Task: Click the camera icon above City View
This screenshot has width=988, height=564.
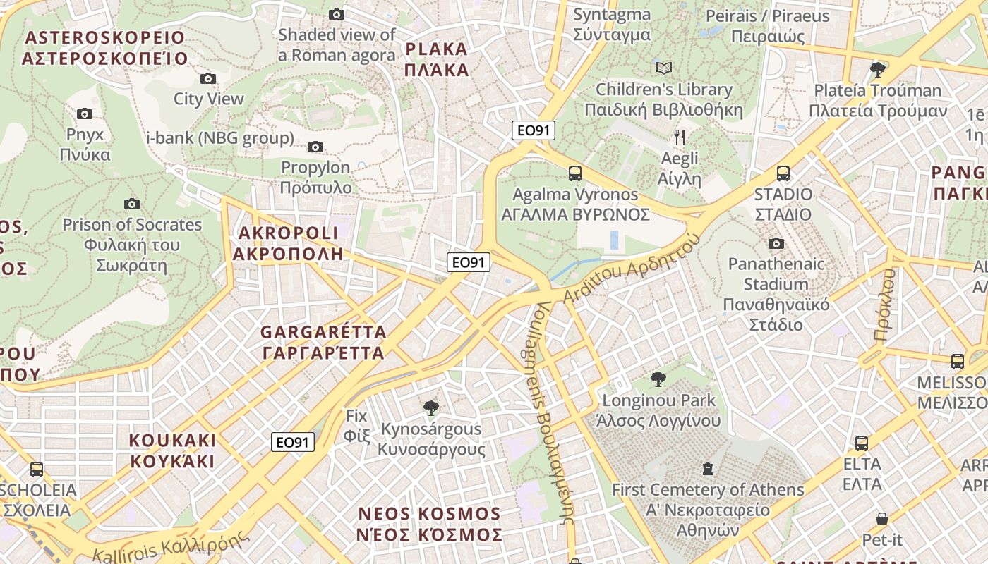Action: [208, 78]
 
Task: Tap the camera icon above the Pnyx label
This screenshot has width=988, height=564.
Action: [85, 114]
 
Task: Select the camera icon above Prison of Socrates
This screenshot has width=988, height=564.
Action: [131, 204]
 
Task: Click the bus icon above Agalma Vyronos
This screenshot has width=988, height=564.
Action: [575, 173]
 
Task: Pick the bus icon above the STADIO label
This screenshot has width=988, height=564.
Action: [783, 173]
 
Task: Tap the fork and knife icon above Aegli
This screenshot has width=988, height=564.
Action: [680, 137]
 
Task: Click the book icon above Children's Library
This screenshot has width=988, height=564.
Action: [663, 68]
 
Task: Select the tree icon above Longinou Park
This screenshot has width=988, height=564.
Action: [658, 379]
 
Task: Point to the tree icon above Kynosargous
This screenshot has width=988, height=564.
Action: [430, 407]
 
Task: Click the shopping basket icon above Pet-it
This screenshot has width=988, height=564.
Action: [881, 519]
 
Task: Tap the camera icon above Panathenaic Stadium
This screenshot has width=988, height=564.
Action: [776, 243]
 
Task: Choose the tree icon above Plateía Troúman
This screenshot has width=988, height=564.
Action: [878, 69]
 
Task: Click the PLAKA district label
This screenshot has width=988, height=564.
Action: [437, 59]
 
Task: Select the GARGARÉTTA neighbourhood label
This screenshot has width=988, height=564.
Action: [323, 342]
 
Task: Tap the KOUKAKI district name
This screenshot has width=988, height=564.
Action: [171, 450]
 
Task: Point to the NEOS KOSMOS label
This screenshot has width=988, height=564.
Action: [429, 524]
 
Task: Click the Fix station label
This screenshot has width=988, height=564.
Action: [357, 425]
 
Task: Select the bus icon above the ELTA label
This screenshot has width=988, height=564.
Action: [861, 443]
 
